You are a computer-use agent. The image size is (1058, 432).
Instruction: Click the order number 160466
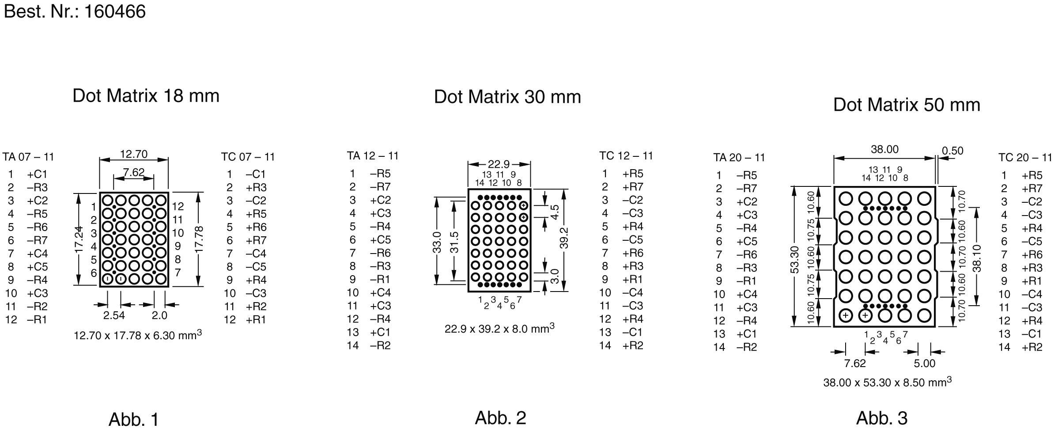point(114,11)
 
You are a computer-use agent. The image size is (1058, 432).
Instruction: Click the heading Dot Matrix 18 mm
point(146,96)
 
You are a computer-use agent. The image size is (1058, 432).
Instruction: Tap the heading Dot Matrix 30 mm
point(507,97)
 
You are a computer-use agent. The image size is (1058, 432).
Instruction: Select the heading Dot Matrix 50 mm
point(907,105)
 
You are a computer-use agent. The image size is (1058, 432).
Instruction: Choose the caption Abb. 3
point(881,418)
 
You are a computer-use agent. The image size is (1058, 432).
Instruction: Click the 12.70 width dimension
point(134,154)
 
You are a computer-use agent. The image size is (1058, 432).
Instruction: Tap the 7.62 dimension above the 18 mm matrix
point(133,172)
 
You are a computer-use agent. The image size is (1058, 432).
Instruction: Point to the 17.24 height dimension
point(79,239)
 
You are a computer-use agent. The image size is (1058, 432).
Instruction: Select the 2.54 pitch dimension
point(114,315)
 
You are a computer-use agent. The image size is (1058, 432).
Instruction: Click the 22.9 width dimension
point(499,164)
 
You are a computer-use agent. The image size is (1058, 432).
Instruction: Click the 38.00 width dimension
point(884,150)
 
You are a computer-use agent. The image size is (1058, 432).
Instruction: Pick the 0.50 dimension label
point(952,151)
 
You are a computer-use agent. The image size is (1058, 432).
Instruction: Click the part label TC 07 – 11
point(248,157)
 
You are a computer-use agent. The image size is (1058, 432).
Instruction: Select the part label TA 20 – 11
point(739,158)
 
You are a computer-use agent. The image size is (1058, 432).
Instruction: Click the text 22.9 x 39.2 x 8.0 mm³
point(499,329)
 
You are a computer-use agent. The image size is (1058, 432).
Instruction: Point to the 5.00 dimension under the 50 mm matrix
point(924,364)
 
